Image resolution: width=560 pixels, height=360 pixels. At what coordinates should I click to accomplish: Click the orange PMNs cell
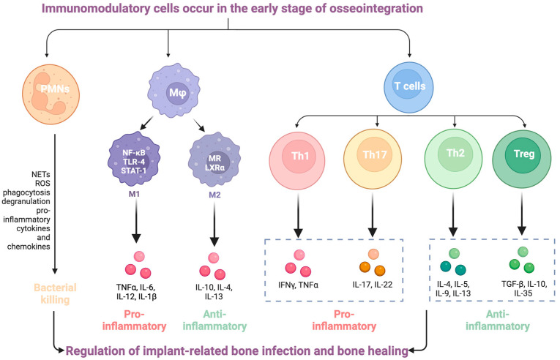[x=51, y=94]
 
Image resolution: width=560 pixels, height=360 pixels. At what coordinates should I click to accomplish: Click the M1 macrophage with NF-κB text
[x=134, y=161]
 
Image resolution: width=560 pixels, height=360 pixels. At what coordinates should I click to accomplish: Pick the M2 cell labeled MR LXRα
[x=214, y=161]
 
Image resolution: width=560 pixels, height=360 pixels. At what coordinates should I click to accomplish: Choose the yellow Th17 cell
[x=373, y=159]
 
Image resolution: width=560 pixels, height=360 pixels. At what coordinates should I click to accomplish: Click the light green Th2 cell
[x=454, y=158]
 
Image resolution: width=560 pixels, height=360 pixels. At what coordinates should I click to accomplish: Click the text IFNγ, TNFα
[x=298, y=285]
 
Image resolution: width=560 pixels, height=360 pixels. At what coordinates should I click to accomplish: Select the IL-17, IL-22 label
[x=372, y=285]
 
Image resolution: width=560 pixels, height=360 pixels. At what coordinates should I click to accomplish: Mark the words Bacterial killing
[x=55, y=293]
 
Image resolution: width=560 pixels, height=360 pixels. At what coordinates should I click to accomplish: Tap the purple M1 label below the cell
[x=134, y=195]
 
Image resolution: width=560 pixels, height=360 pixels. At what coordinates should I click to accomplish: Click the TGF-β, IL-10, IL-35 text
[x=523, y=288]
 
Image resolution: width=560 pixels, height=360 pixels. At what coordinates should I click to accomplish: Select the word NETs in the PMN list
[x=41, y=174]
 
